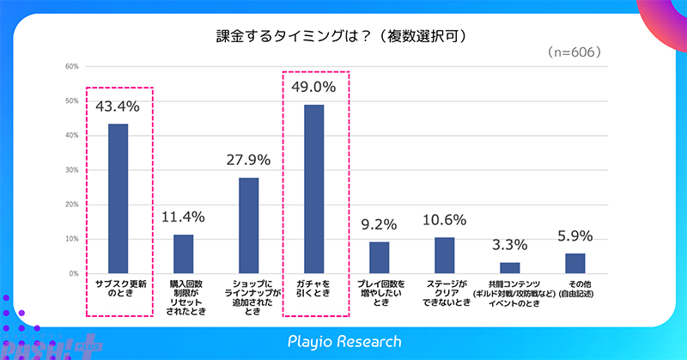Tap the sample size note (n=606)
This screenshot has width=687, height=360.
coord(573,52)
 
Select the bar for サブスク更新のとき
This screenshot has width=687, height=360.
coord(118,198)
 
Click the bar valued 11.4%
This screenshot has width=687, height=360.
coord(183,253)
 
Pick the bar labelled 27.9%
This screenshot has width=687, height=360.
coord(248,225)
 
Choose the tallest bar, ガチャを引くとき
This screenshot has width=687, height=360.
coord(313,189)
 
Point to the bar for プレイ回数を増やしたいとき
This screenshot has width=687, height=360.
coord(379,257)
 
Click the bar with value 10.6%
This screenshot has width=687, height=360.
coord(444,254)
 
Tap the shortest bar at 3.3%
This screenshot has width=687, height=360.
coord(509,267)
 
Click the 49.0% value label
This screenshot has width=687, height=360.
coord(313,87)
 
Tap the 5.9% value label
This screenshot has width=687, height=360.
coord(575,235)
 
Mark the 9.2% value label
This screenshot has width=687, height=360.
coord(379,225)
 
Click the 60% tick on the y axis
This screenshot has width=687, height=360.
coord(72,66)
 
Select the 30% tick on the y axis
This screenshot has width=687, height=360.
coord(72,170)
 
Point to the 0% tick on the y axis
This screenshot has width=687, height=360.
coord(74,273)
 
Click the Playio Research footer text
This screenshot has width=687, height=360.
coord(344,341)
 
